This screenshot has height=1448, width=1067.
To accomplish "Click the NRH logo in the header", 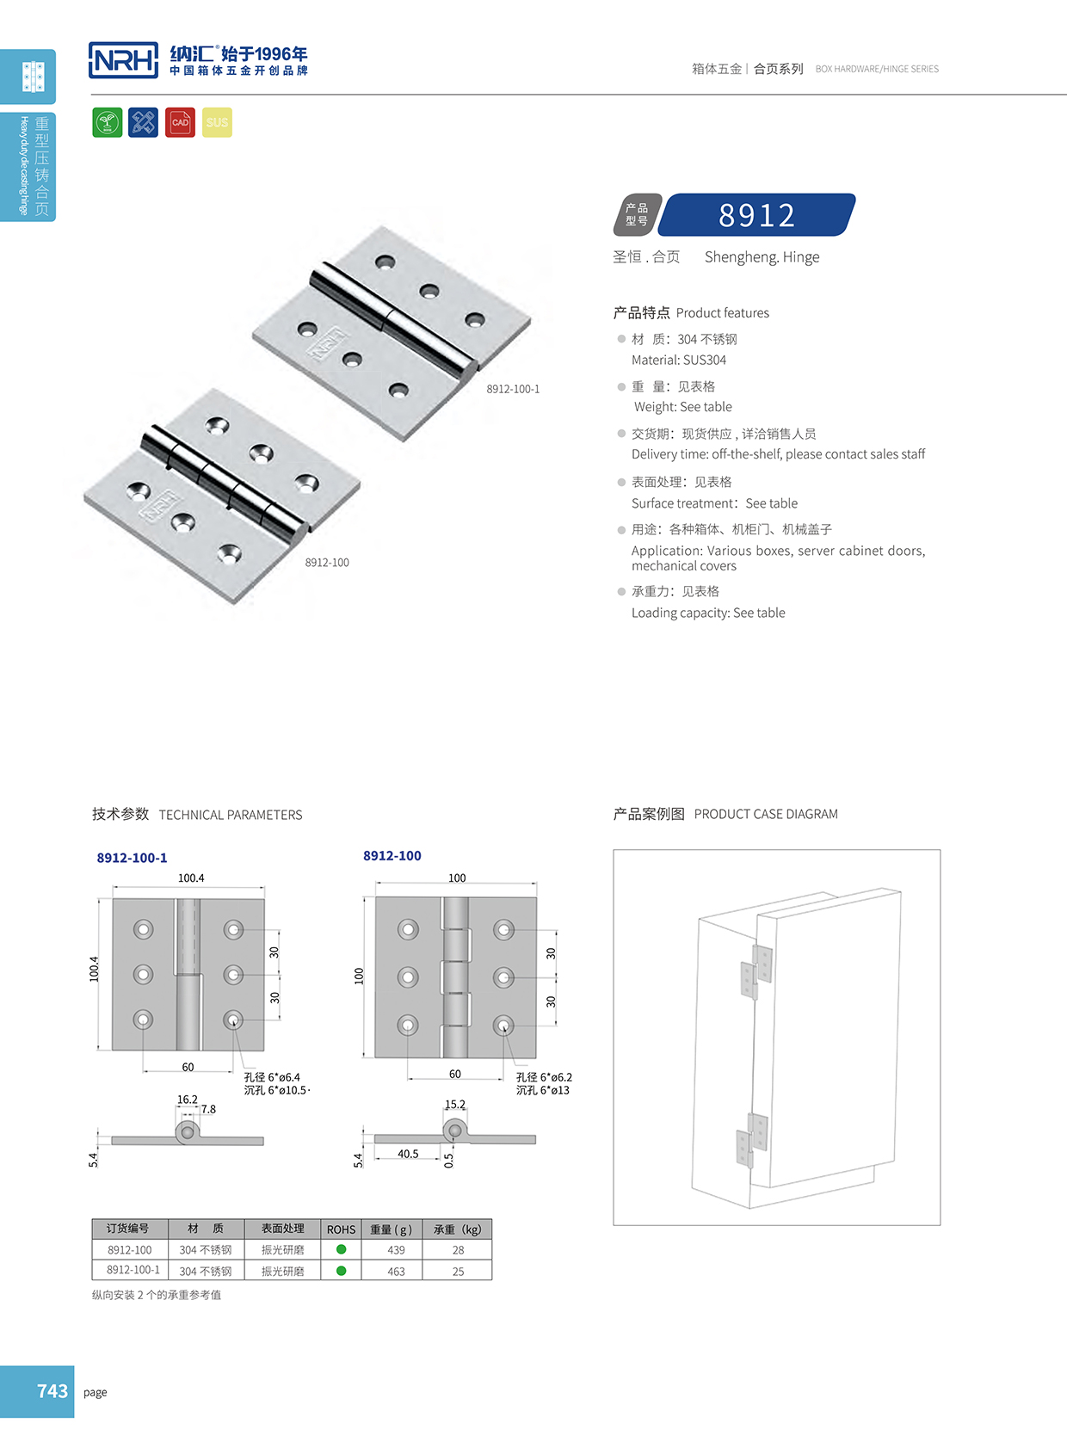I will [124, 60].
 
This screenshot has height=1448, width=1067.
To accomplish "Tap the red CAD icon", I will [180, 122].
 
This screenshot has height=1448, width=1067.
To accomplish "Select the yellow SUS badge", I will [217, 122].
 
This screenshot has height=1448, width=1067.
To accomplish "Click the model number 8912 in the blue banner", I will [757, 215].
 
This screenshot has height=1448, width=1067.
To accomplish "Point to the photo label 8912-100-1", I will [513, 389].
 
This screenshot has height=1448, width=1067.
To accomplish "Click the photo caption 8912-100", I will [327, 563].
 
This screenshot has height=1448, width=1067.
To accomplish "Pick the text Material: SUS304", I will [679, 360].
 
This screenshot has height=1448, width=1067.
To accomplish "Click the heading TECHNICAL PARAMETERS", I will [231, 815].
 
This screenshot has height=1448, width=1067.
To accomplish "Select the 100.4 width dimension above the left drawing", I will [191, 878].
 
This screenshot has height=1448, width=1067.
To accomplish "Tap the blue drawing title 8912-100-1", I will [132, 858].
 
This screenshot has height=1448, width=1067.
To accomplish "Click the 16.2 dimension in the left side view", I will [187, 1100].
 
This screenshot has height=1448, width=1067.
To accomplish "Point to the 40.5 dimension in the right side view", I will [408, 1154].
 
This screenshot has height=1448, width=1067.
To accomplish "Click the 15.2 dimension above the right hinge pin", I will [455, 1105].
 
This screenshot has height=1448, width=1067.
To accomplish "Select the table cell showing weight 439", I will [396, 1250].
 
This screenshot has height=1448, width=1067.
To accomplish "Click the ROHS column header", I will [341, 1229].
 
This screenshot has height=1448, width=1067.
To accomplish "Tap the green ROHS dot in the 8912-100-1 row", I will [342, 1271].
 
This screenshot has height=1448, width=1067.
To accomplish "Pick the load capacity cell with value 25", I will [458, 1272].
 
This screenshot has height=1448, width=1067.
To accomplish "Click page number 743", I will [52, 1391].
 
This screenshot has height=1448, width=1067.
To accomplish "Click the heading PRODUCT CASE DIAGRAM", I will [766, 814].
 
